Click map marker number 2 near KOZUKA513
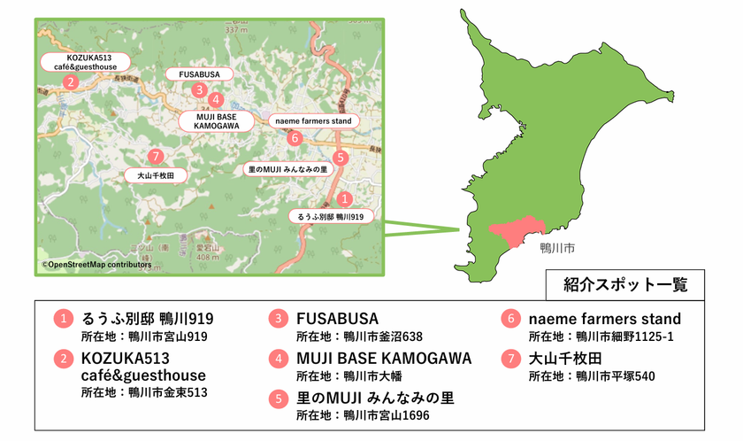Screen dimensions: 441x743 (x=69, y=82)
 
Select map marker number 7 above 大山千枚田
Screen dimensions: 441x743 (x=156, y=157)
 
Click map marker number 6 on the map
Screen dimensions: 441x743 (x=295, y=138)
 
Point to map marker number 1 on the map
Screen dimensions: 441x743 (x=346, y=199)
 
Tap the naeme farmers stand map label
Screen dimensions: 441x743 (x=313, y=120)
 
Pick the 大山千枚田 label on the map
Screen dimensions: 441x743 (x=156, y=175)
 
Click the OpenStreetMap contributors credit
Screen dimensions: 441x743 (x=96, y=264)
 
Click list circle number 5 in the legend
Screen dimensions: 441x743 (x=280, y=398)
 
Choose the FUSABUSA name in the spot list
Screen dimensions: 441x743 (x=337, y=318)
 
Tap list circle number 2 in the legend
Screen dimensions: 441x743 (x=63, y=359)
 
